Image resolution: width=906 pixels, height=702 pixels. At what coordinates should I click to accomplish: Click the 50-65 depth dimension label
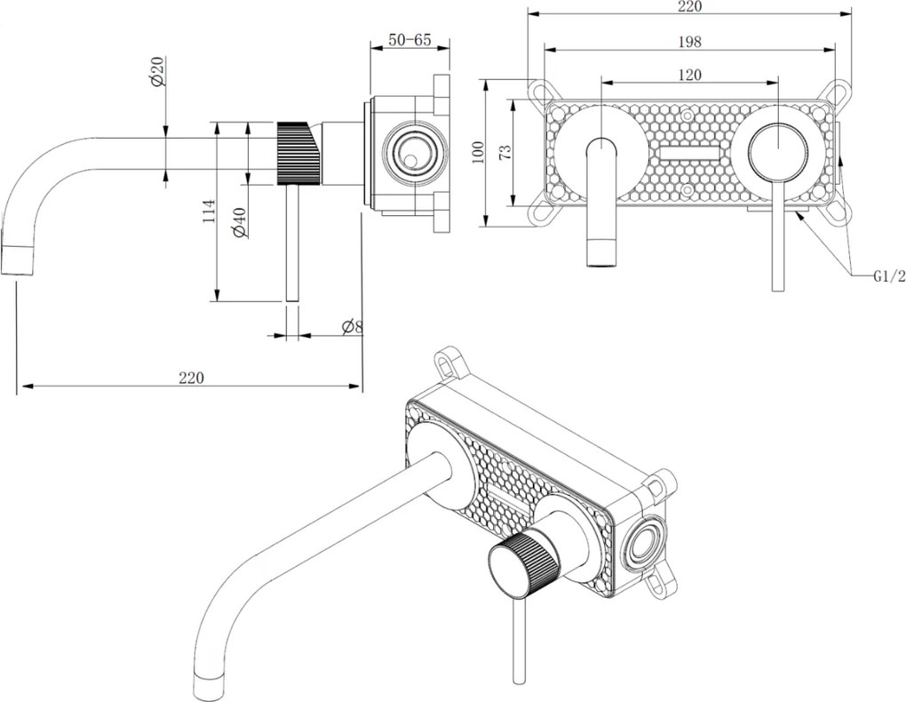tap(409, 40)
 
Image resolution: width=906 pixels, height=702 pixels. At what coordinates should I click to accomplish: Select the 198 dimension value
tap(689, 42)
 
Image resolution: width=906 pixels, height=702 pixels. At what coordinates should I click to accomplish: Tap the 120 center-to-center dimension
tap(689, 75)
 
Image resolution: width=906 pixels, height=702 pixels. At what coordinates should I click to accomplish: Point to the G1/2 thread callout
tap(888, 276)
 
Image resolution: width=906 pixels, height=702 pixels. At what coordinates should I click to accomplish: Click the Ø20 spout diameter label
tap(157, 70)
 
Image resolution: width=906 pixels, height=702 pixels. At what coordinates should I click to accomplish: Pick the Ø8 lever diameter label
tap(352, 326)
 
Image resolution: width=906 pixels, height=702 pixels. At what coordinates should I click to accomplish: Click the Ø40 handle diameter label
tap(238, 222)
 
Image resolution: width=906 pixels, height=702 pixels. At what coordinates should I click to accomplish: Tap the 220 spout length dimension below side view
tap(191, 377)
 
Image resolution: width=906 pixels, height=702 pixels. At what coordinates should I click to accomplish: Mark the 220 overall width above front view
tap(689, 7)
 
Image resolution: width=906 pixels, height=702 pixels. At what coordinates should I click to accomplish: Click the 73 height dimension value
tap(505, 151)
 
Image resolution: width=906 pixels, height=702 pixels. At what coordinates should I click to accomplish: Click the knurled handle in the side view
tap(298, 153)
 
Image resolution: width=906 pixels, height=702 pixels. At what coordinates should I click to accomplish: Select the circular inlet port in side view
tap(411, 153)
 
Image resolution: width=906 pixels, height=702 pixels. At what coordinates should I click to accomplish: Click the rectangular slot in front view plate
tap(689, 153)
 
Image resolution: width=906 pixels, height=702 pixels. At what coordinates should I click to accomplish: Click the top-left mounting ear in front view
tap(540, 90)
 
